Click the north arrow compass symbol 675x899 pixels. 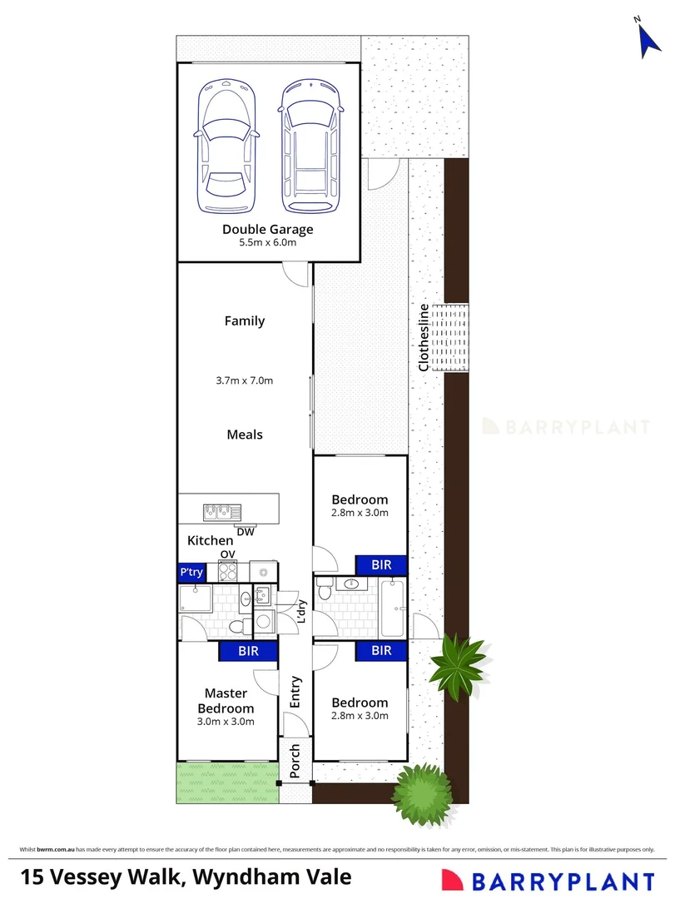(x=648, y=40)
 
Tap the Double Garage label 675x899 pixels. (x=268, y=230)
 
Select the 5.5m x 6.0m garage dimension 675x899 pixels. (x=268, y=242)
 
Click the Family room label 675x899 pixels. (x=245, y=321)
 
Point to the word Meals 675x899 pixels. (x=245, y=435)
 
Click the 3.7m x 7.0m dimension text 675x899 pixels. (x=245, y=380)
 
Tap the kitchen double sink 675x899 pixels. (x=222, y=511)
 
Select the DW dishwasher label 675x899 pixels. (x=246, y=532)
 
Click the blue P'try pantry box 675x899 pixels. (x=191, y=572)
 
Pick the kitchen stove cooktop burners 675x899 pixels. (x=228, y=572)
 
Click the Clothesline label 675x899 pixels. (x=424, y=338)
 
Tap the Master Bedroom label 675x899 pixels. (x=226, y=701)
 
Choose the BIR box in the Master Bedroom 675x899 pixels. (x=248, y=651)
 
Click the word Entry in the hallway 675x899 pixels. (x=295, y=692)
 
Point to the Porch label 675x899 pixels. (x=295, y=761)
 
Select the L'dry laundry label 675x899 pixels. (x=301, y=611)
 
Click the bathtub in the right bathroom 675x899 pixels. (x=392, y=608)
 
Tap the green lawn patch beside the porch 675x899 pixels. (x=228, y=782)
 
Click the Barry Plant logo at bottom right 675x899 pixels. (x=548, y=881)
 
